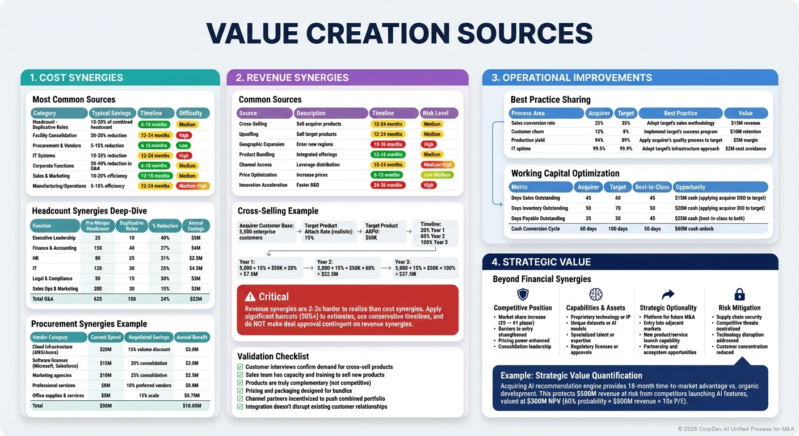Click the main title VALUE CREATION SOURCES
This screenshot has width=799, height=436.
[x=399, y=34]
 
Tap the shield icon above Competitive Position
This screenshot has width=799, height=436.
[x=523, y=294]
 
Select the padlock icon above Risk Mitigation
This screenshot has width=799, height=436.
[x=739, y=294]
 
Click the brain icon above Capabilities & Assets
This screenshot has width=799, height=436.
[x=595, y=294]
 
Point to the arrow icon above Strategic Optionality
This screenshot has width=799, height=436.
[x=668, y=294]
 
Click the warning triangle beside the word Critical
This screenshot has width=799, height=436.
[x=250, y=296]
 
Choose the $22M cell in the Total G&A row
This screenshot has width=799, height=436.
[x=195, y=299]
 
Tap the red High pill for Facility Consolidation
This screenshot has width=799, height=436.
[x=184, y=135]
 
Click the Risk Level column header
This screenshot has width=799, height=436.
[x=439, y=113]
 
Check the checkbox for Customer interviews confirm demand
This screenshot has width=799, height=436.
[x=240, y=367]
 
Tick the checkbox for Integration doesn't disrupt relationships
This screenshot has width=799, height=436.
[x=240, y=407]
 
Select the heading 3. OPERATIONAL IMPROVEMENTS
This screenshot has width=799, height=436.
[x=571, y=78]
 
